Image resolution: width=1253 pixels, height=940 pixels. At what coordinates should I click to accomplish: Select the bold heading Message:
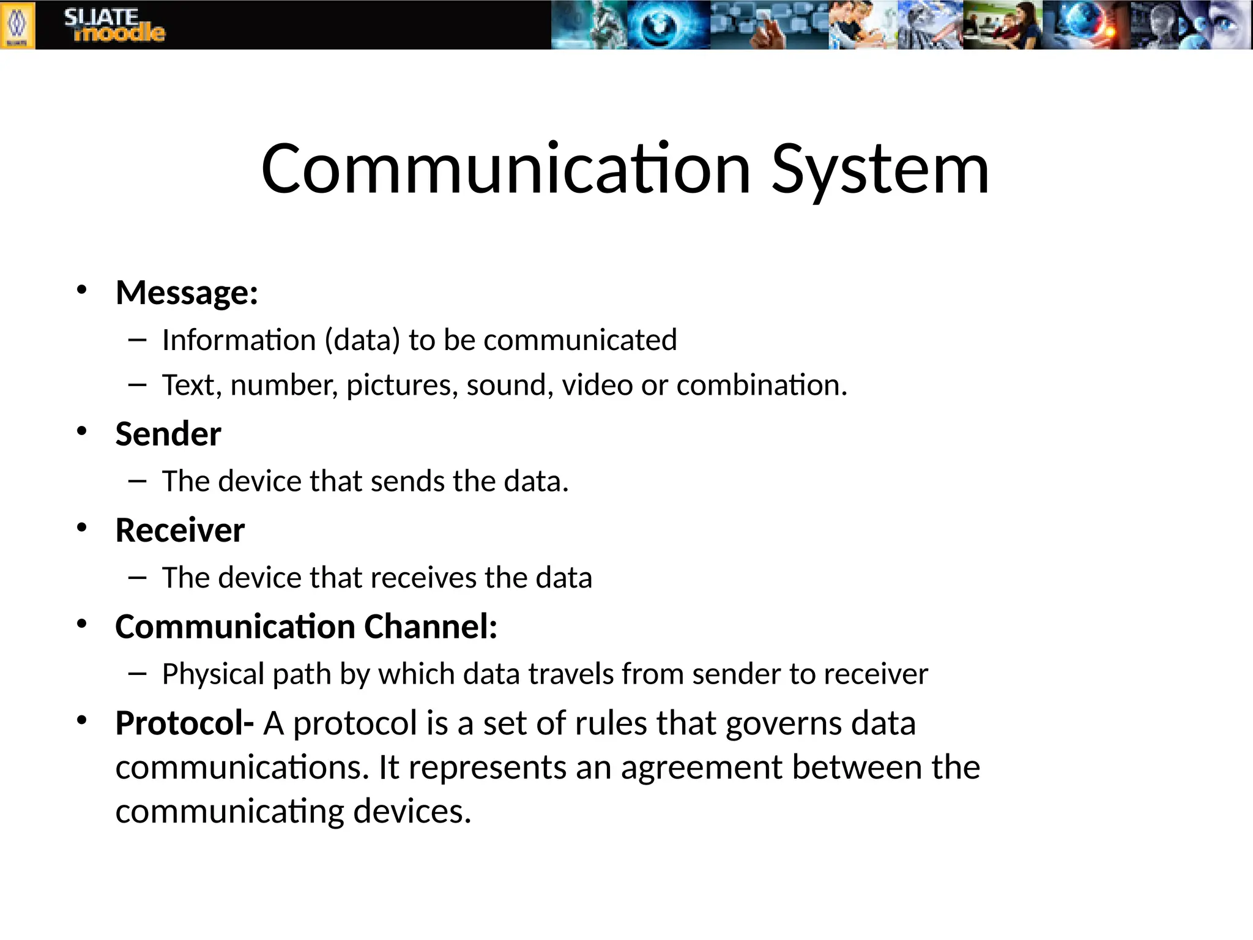coord(187,293)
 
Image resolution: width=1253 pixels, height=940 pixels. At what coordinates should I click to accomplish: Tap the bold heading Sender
coord(168,434)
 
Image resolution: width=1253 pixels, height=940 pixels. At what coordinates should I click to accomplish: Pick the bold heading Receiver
coord(180,530)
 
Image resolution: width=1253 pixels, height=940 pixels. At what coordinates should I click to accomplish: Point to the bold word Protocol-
coord(184,723)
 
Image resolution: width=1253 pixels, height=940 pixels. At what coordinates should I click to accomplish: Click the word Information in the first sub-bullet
coord(239,340)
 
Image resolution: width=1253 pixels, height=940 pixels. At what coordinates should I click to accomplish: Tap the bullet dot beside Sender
coord(82,431)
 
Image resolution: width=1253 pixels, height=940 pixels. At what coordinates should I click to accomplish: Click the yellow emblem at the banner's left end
coord(17,25)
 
